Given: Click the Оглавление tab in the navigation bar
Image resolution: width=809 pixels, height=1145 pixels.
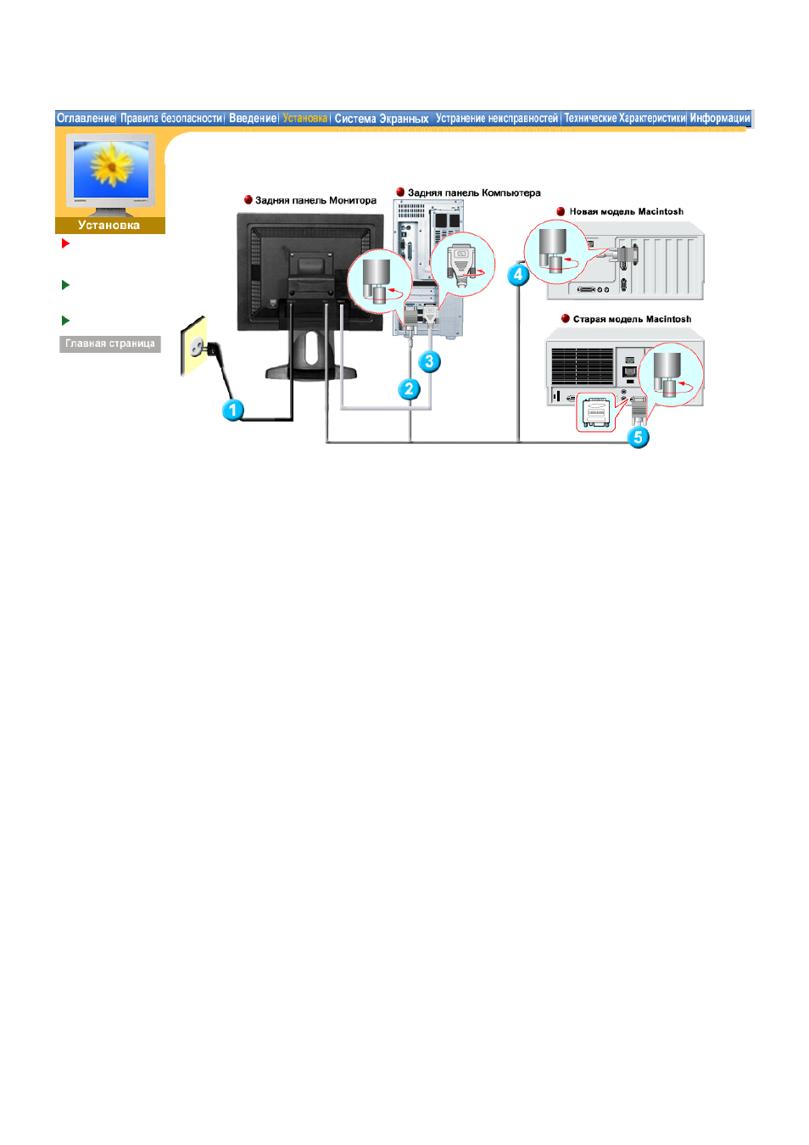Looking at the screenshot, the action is (x=86, y=118).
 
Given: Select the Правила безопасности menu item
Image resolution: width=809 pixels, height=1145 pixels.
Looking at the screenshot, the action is (x=171, y=118).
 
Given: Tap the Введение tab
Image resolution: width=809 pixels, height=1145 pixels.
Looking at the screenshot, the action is (x=253, y=118).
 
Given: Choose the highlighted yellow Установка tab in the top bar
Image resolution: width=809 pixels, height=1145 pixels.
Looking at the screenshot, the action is (x=305, y=118).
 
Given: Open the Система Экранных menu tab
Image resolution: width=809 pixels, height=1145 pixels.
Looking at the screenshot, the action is (x=382, y=119).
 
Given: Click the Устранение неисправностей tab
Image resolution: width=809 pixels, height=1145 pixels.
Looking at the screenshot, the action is (x=497, y=118).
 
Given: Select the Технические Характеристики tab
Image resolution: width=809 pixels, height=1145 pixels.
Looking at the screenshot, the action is (x=624, y=118).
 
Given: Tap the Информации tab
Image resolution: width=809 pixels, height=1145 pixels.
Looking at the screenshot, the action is (x=720, y=118).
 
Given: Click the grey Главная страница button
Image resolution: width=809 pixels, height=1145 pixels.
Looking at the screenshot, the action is (x=110, y=344).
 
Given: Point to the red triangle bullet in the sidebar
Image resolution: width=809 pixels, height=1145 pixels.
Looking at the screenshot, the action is (x=65, y=243).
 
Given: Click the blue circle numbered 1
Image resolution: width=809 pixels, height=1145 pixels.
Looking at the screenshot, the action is (x=233, y=410).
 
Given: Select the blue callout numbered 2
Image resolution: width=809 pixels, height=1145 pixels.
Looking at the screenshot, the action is (x=409, y=389).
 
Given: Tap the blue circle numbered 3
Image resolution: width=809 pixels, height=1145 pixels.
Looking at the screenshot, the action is (x=429, y=361).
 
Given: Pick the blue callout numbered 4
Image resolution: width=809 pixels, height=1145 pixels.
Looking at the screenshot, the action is (x=517, y=275).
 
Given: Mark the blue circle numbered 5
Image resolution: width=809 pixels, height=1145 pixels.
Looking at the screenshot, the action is (x=638, y=438).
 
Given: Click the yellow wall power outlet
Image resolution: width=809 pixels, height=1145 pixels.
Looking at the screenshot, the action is (x=193, y=347).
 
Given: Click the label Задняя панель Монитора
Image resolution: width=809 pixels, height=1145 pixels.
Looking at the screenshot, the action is (x=315, y=200).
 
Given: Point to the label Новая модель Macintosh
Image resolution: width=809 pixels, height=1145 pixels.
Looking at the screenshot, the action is (x=627, y=212).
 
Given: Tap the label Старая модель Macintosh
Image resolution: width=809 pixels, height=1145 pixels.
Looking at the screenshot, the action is (x=632, y=320).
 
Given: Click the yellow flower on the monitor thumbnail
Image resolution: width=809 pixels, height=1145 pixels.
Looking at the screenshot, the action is (x=111, y=164).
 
